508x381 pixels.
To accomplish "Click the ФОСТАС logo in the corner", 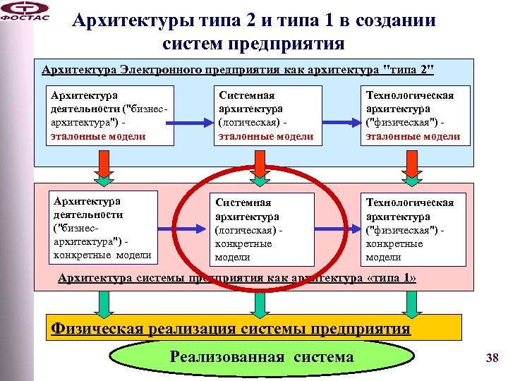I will point(24,13).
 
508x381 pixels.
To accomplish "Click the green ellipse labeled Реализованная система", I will point(261,358).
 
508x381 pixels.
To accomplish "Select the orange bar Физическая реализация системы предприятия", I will point(254,328).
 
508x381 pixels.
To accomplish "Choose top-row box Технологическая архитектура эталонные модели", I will point(413,115).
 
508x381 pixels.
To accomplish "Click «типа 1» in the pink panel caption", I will point(392,278).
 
